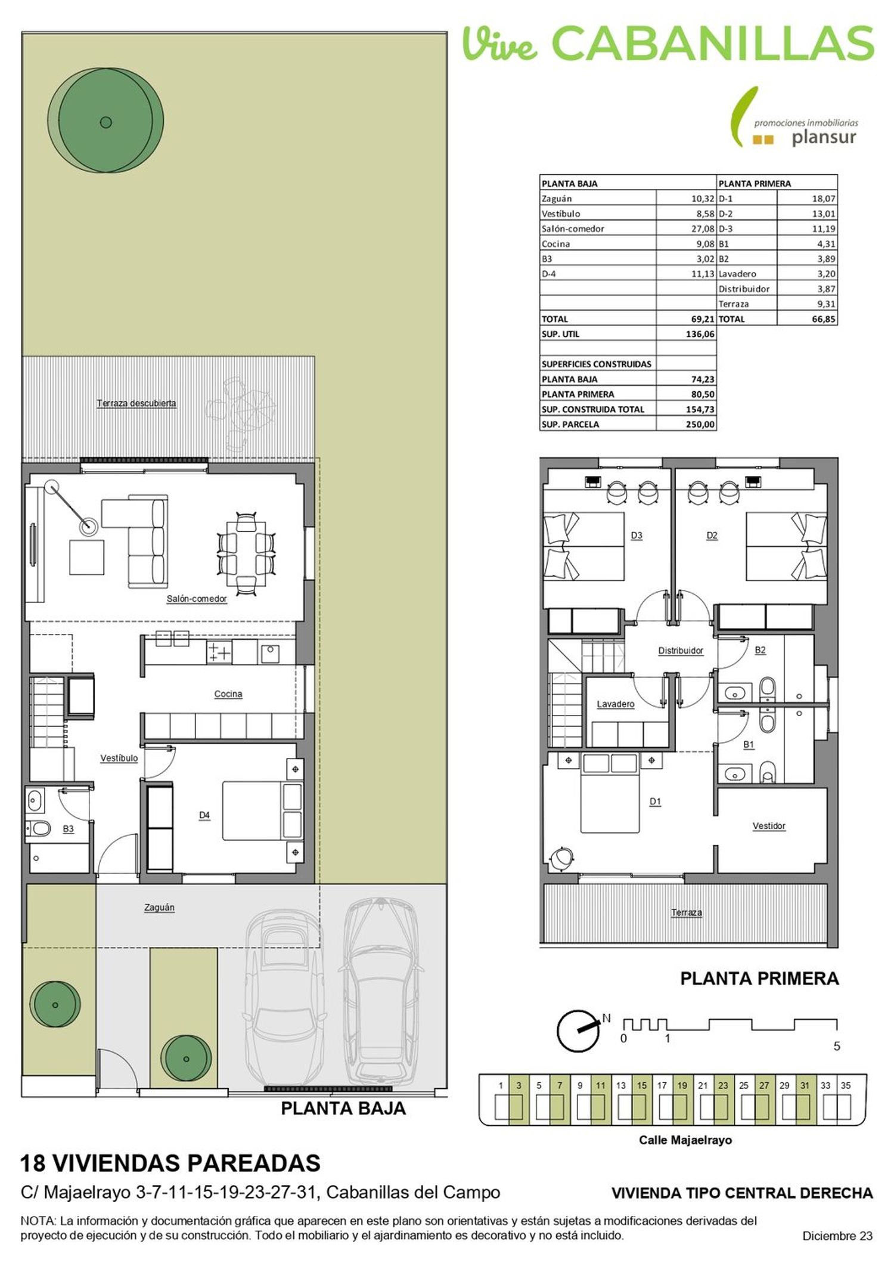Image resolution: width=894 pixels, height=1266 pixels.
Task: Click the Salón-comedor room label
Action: [197, 599]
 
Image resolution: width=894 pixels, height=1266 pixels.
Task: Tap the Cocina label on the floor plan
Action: [228, 694]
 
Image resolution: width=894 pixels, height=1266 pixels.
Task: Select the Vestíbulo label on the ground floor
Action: [119, 759]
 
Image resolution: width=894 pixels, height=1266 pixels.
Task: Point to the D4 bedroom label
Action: [204, 815]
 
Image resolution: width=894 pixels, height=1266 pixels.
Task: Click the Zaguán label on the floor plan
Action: [159, 908]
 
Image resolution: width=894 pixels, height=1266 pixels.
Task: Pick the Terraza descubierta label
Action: [136, 403]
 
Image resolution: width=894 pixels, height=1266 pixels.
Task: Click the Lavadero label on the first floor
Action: [616, 704]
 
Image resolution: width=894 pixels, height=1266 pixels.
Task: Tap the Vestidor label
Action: [769, 826]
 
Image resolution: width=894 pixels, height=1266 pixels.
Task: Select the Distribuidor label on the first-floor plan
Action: [681, 651]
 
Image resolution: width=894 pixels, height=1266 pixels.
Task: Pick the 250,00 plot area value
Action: [700, 425]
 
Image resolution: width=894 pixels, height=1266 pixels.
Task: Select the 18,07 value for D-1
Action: [824, 199]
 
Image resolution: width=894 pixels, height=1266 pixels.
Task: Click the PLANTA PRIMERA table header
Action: [755, 184]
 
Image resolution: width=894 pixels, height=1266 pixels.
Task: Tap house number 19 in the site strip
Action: [682, 1085]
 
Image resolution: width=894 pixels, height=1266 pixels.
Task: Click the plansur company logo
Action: [795, 118]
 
